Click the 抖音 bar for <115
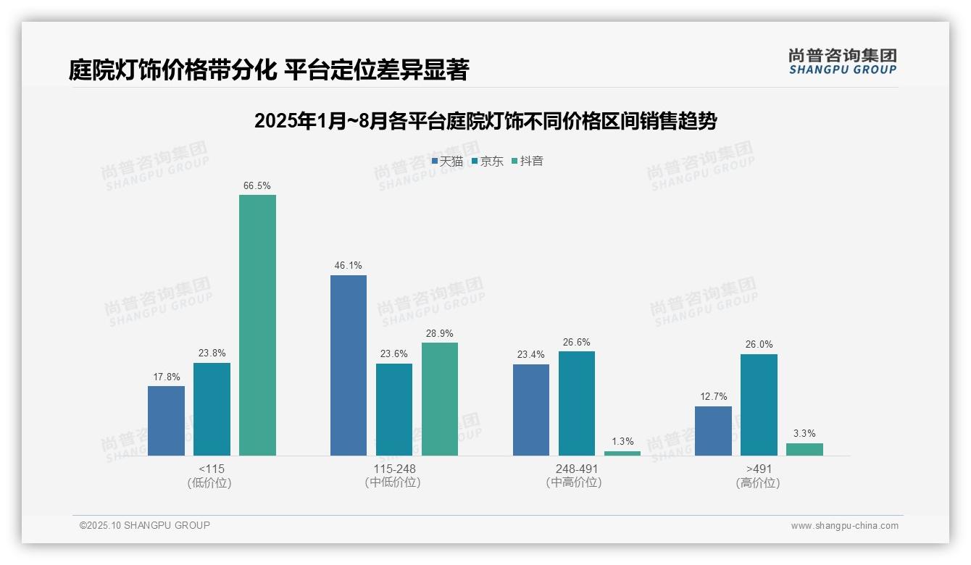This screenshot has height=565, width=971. point(257,325)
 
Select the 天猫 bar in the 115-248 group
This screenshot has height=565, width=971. point(349,365)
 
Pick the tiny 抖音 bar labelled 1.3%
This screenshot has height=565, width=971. point(622,453)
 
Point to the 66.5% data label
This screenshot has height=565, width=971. point(257,186)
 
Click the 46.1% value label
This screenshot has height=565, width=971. point(349,266)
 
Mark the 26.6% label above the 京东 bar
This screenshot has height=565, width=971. point(576,343)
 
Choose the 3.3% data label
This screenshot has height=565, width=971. point(804,434)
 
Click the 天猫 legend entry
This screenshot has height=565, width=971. point(447,162)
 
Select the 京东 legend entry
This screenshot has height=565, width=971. point(488,162)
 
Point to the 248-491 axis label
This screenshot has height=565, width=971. point(576,469)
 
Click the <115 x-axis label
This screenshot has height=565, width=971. point(212,469)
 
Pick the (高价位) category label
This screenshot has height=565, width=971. point(758,483)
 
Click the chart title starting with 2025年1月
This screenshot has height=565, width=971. point(485,122)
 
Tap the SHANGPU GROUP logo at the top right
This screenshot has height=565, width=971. point(842,62)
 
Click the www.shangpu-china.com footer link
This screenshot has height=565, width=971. point(844,526)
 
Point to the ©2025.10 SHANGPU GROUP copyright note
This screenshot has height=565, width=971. point(145,526)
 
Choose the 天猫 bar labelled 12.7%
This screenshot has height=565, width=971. point(713,431)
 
